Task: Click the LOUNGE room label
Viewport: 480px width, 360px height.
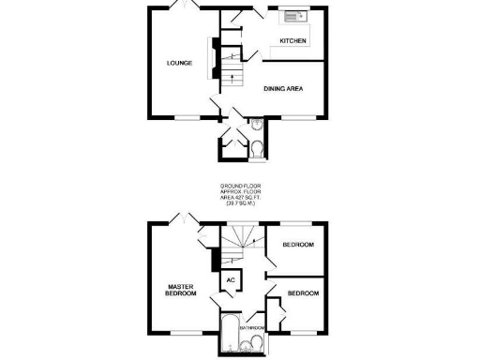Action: (180, 63)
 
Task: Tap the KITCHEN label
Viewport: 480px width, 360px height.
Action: (293, 41)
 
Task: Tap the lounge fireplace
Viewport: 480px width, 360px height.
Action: (214, 62)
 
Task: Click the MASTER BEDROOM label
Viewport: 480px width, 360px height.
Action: (182, 291)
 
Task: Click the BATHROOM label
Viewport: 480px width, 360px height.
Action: (252, 328)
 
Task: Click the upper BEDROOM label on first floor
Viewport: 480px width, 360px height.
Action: (298, 245)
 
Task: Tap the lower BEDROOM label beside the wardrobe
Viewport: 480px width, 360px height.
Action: (303, 293)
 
